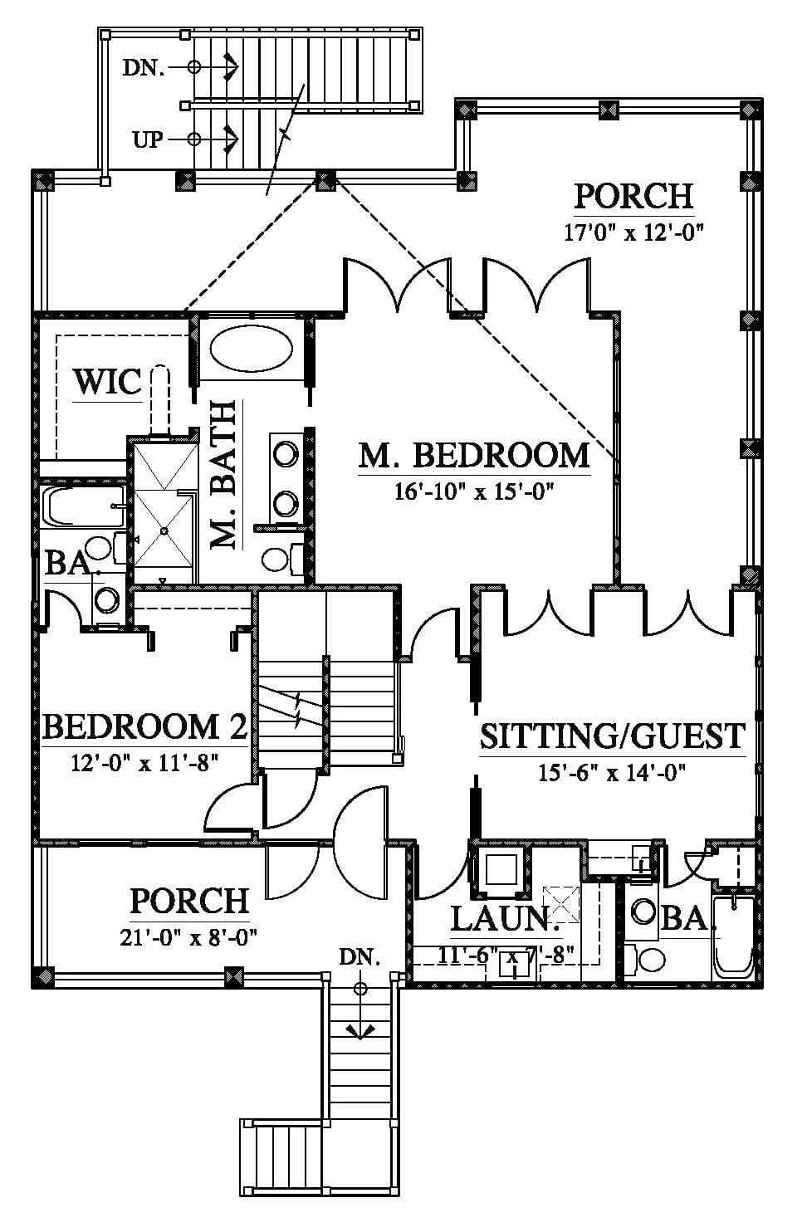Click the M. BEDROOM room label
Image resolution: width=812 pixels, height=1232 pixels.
coord(473,456)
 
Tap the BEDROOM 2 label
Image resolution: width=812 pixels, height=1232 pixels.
coord(144,727)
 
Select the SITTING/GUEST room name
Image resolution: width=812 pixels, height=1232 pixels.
coord(613,736)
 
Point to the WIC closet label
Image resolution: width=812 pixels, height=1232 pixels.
coord(108,381)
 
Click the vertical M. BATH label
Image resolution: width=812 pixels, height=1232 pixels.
coord(223,475)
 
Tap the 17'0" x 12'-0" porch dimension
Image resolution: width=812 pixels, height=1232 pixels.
coord(634,232)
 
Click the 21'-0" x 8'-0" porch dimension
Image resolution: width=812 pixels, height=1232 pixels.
coord(189,936)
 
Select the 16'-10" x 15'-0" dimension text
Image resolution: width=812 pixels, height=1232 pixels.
coord(473,491)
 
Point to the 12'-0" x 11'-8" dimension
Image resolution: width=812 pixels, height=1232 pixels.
coord(144,763)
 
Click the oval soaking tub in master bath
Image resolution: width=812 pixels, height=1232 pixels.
coord(252,349)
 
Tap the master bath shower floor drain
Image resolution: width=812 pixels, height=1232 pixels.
coord(164,530)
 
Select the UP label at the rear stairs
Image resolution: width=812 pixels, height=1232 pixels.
coord(148,139)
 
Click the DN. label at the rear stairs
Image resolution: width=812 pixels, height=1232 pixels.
coord(144,67)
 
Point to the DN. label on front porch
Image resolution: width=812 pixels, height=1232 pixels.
coord(360,956)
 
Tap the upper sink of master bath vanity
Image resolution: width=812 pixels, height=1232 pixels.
coord(286,455)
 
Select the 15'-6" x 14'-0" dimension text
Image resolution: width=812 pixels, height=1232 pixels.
coord(612,773)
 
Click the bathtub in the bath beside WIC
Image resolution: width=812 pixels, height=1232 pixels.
coord(83,506)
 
